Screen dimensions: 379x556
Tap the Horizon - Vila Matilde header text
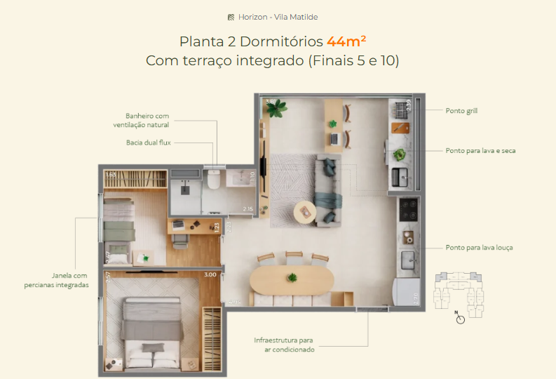[x=278, y=17]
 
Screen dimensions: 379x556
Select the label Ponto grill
[x=461, y=111]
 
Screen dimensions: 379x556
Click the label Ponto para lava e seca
[x=480, y=151]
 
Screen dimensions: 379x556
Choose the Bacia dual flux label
[x=148, y=142]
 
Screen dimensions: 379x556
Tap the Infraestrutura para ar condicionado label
[x=284, y=345]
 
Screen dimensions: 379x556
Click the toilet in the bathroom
[x=214, y=180]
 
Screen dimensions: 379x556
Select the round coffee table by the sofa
[x=305, y=211]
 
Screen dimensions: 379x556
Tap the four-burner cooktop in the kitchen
[x=408, y=208]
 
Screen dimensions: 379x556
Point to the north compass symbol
[x=460, y=318]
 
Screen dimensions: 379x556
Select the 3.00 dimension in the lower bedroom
[x=210, y=275]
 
